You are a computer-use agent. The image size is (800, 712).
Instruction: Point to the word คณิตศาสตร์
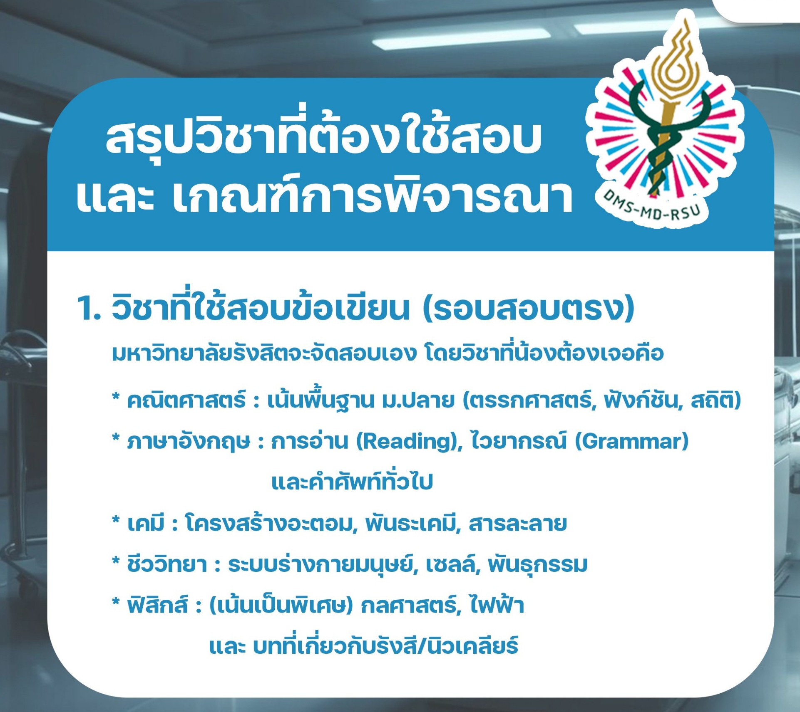coord(187,400)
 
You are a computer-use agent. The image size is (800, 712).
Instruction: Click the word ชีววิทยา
coord(167,565)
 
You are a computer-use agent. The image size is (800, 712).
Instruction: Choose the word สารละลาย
coord(518,524)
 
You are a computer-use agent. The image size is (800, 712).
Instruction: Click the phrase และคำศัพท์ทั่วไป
coord(352,482)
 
